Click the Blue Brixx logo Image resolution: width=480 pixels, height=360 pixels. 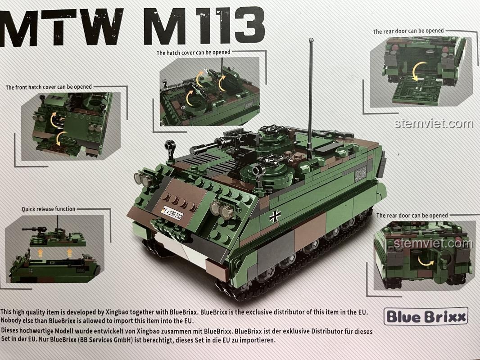[426, 316]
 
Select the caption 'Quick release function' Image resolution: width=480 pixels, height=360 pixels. [48, 209]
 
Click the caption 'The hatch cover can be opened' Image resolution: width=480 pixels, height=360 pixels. [194, 52]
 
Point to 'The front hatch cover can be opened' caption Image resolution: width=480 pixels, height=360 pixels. [49, 87]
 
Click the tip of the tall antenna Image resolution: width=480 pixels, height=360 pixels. [311, 40]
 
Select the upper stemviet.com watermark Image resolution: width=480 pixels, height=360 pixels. [434, 123]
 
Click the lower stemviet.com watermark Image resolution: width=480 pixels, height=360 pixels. [433, 243]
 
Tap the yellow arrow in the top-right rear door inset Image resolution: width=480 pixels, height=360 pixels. [417, 71]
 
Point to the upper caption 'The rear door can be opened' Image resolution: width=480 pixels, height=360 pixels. [408, 31]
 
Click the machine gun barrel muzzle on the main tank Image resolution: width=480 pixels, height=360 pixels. [193, 150]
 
